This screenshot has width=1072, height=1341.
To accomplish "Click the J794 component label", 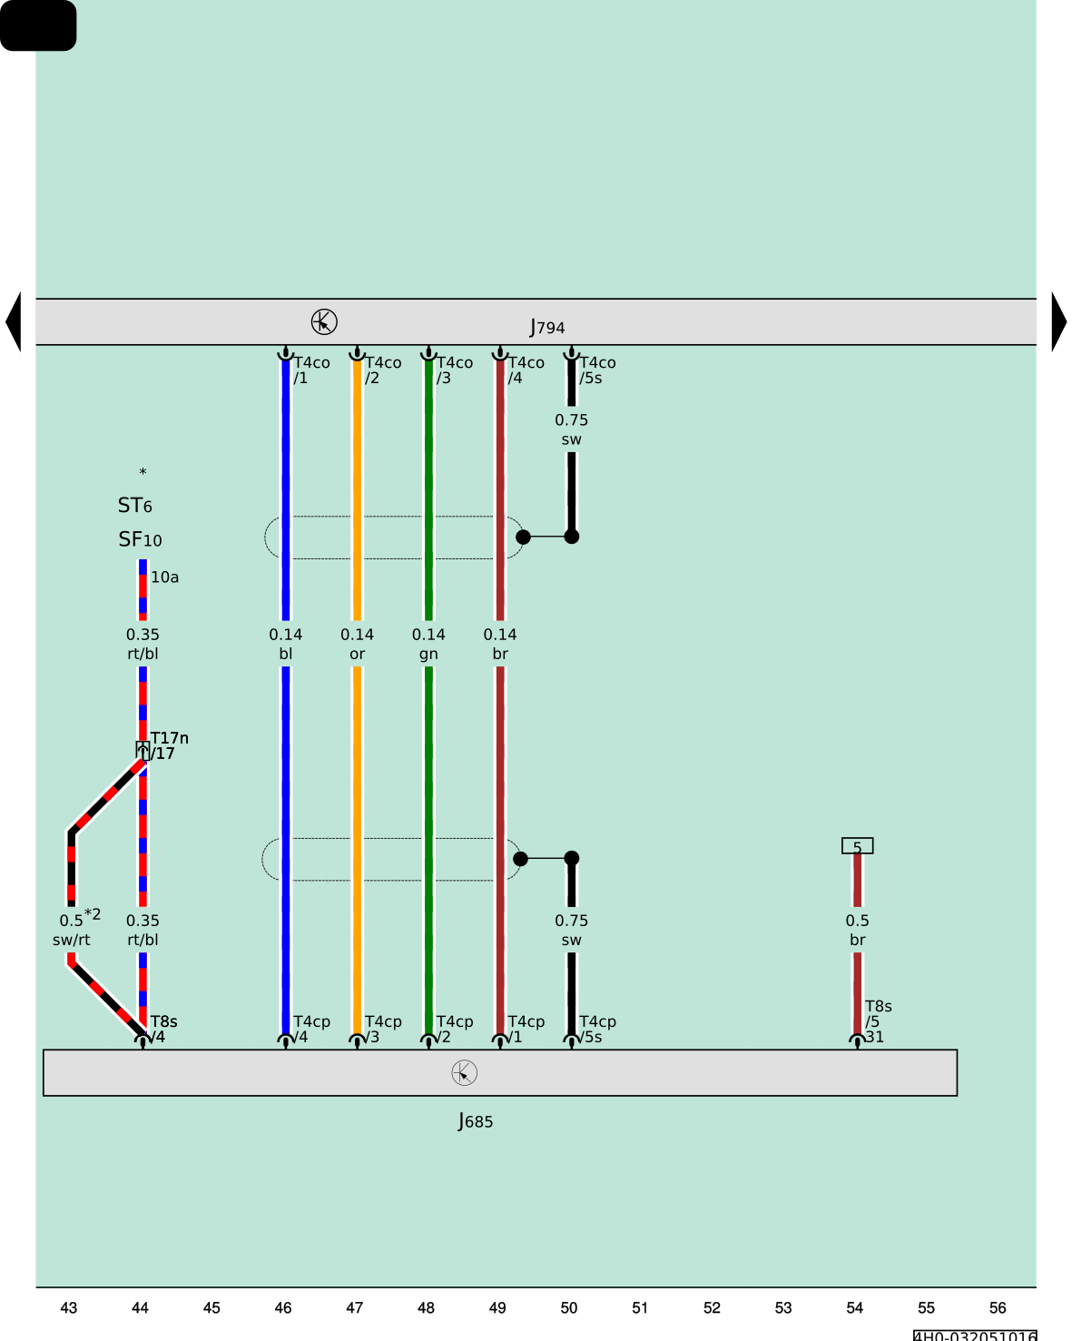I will pos(547,327).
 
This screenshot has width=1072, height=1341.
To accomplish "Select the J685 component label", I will pos(475,1121).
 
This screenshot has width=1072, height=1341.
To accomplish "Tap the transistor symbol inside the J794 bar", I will pos(324,321).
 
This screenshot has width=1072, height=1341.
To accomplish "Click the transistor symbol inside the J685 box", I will pos(464,1072).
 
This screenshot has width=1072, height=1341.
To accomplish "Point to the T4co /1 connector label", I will pos(311,370).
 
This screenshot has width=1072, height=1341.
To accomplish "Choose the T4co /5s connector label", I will pos(597,370).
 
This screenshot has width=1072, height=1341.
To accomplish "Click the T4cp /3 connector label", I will pos(382,1029).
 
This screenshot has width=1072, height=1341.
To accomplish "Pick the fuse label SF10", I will pos(140,539).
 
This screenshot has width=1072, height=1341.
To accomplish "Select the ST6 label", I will pos(135,505).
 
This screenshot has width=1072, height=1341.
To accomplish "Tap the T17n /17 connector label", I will pos(168,745).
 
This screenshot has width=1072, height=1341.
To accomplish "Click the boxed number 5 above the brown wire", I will pos(857,846).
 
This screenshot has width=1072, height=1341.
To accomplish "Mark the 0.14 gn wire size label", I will pos(428,644).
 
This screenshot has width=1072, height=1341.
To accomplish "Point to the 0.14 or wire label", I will pos(357,644).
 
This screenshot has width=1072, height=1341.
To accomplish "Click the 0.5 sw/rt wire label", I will pos(72,930).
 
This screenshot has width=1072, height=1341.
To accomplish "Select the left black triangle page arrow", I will pos(13,321).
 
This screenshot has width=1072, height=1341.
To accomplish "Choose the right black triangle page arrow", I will pos(1058,321).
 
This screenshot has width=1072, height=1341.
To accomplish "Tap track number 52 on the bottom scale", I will pos(712,1307).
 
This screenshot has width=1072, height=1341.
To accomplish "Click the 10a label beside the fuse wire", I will pos(164,577).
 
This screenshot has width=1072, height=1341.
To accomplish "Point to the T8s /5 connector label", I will pos(878,1014).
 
